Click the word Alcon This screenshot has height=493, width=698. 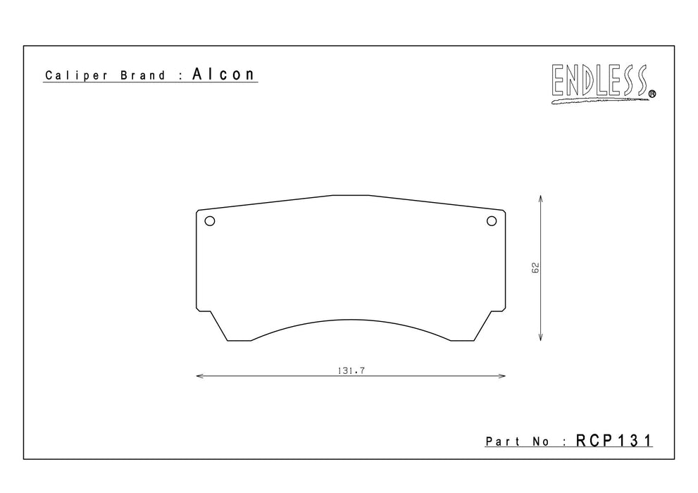coord(223,74)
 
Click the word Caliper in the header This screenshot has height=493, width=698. coord(76,75)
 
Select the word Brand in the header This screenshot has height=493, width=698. coord(142,75)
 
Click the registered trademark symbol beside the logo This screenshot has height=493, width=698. coord(652,94)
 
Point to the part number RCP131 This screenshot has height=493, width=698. coord(614,440)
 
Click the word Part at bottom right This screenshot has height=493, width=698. coord(503,442)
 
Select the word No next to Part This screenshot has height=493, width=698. coord(541,442)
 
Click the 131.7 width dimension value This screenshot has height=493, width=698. coord(351,370)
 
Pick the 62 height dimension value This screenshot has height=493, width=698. coord(535,268)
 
